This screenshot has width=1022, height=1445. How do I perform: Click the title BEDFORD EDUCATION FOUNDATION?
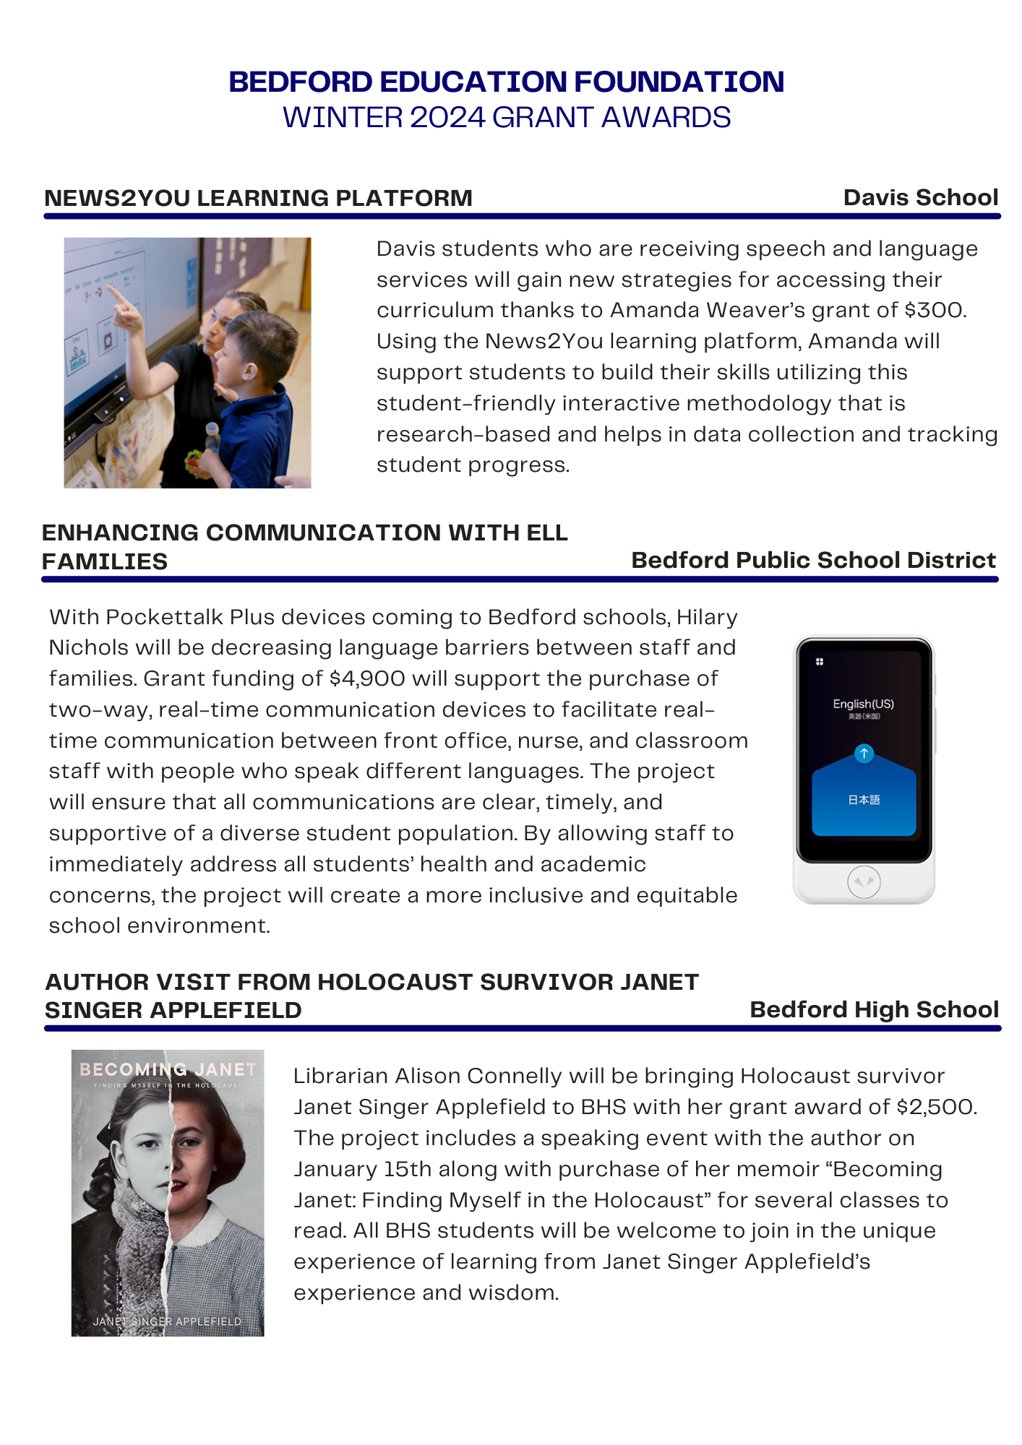[x=506, y=82]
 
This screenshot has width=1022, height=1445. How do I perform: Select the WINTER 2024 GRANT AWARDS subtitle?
[x=506, y=118]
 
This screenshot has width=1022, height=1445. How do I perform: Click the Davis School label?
[x=920, y=197]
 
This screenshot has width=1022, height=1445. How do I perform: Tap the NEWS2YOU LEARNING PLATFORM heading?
[x=258, y=198]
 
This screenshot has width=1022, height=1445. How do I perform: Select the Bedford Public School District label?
[x=813, y=560]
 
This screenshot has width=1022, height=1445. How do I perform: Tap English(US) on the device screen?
[x=863, y=704]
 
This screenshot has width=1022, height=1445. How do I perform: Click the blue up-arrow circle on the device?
[x=864, y=754]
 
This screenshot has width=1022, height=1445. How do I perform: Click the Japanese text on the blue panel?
[x=864, y=800]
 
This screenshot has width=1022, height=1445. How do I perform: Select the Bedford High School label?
[x=874, y=1009]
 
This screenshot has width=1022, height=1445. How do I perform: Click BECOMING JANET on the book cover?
[x=168, y=1069]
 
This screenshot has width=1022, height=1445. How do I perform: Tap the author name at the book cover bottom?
[x=167, y=1321]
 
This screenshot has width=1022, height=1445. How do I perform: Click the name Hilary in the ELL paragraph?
[x=707, y=617]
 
